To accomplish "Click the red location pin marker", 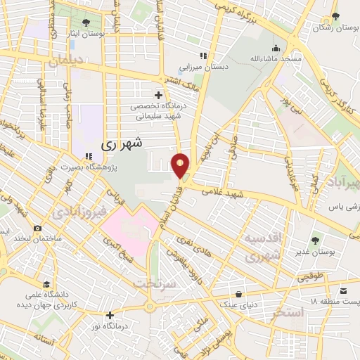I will tap(181, 165).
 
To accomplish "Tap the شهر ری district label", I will tap(122, 143).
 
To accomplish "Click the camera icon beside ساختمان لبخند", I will tap(37, 229).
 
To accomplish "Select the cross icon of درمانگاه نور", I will tap(110, 315).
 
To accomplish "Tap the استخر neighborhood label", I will tap(285, 311).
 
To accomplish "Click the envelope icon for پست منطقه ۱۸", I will tap(342, 290).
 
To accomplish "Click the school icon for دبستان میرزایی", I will tap(202, 56).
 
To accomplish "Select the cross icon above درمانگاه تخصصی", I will tap(158, 94).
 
